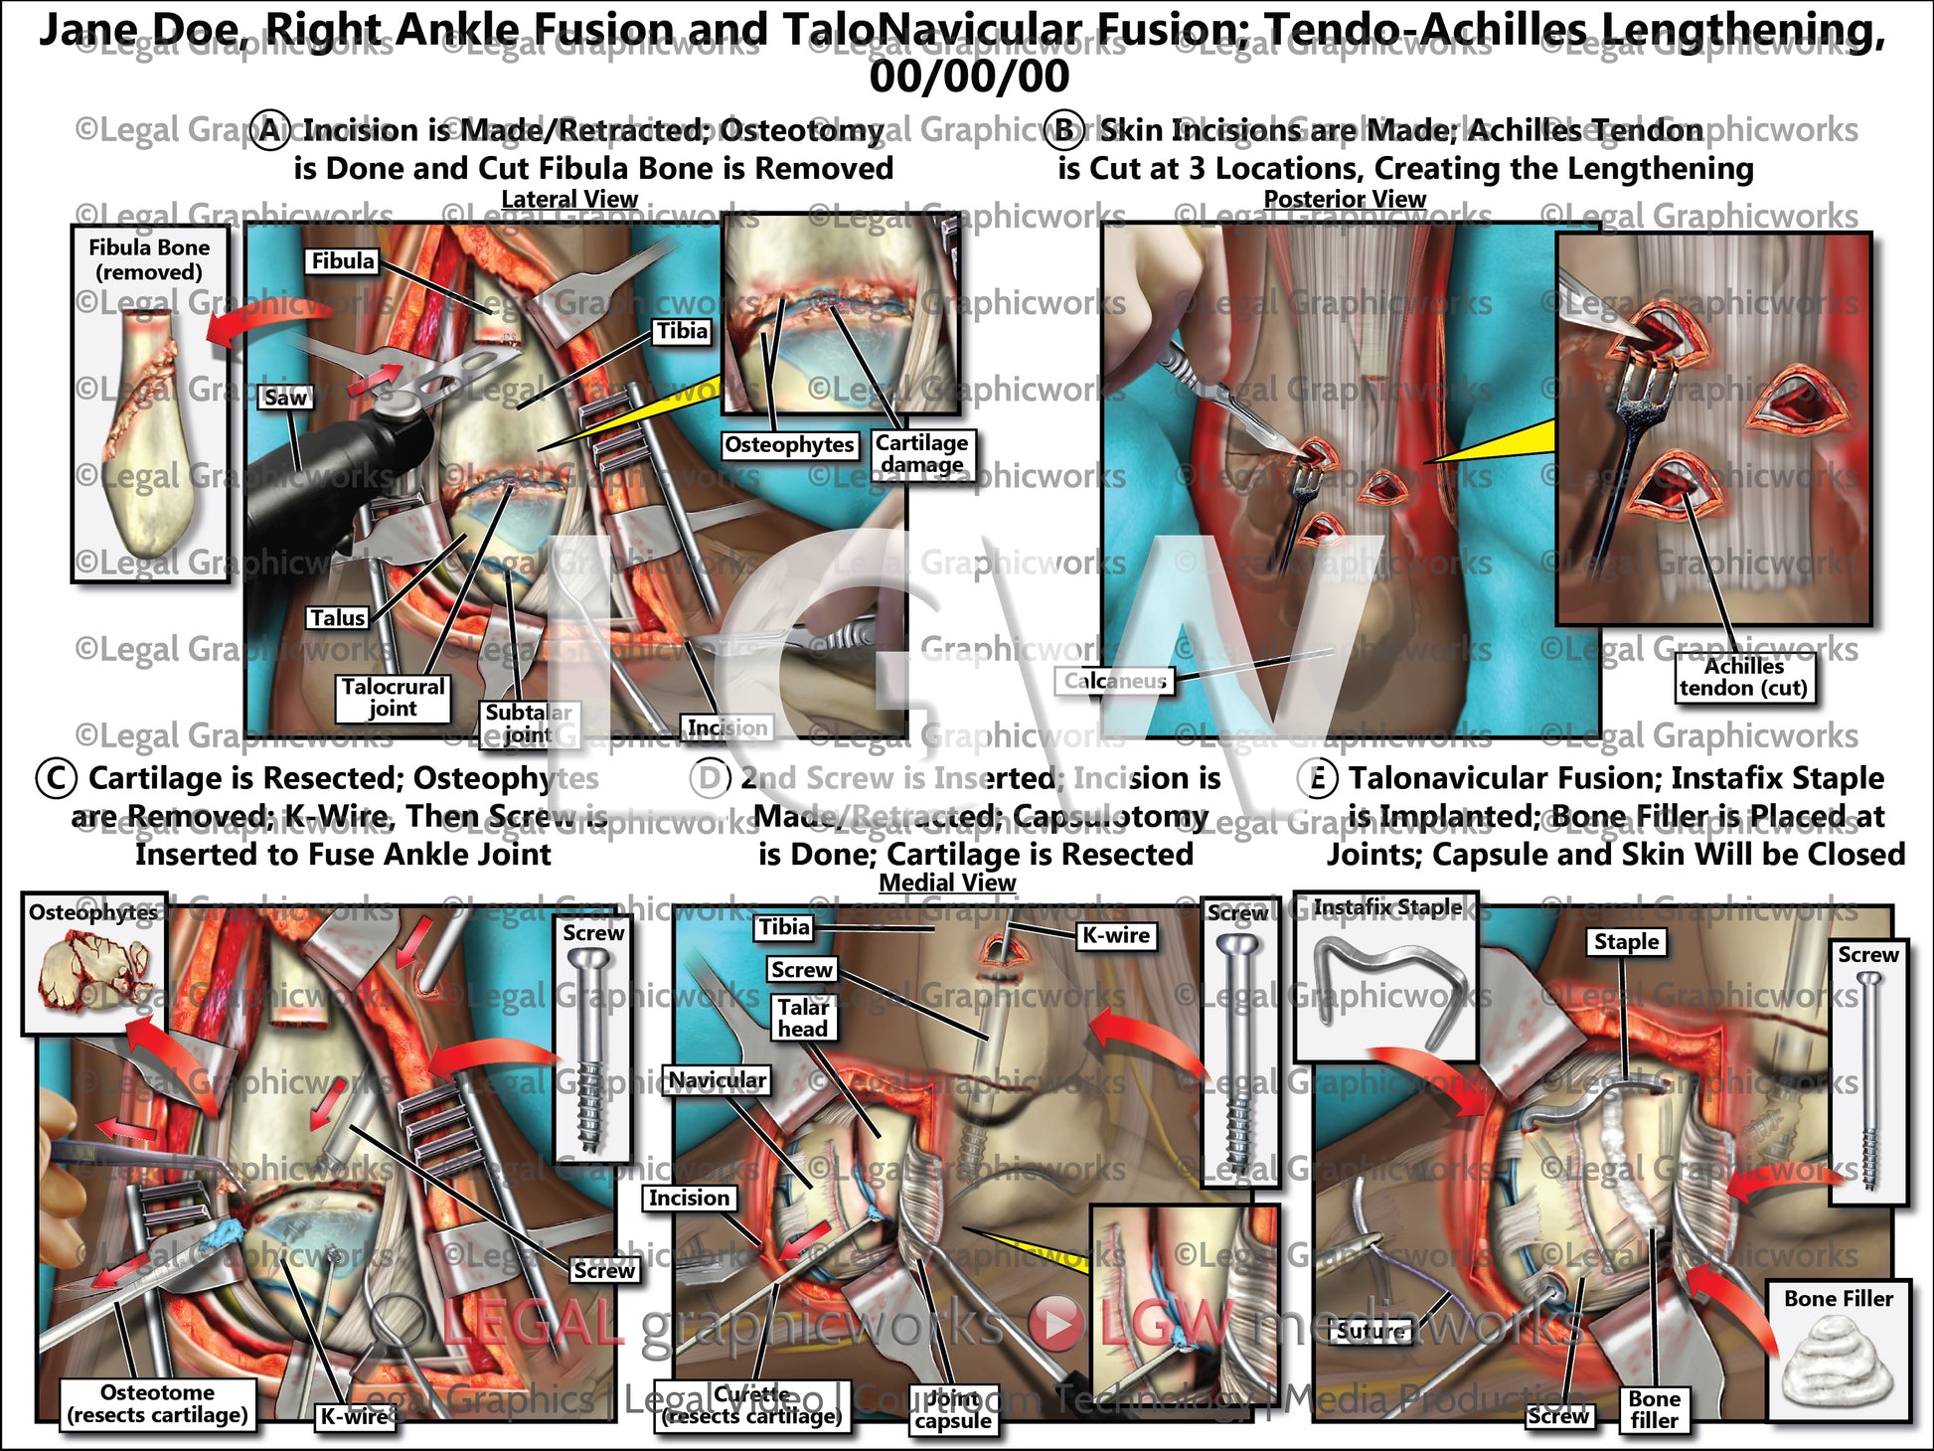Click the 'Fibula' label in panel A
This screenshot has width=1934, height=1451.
point(343,261)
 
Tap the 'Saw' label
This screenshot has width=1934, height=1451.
point(285,398)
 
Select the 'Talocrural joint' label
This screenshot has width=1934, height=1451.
point(393,697)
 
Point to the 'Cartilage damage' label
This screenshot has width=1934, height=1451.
point(921,453)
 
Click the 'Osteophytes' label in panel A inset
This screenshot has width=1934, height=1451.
point(789,444)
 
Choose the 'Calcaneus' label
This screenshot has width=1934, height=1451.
point(1114,681)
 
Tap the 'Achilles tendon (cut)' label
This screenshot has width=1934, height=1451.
point(1743,678)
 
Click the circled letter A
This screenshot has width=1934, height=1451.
point(269,130)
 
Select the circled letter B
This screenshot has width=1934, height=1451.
point(1064,130)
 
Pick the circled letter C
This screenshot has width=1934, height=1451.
point(56,778)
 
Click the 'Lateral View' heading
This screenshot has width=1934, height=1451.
point(568,200)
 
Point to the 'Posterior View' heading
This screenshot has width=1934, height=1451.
point(1344,200)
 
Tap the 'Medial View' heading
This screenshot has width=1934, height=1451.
point(947,883)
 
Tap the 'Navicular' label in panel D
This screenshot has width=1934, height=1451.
point(717,1080)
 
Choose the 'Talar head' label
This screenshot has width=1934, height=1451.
point(802,1018)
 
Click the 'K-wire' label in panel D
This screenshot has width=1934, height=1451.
point(1115,935)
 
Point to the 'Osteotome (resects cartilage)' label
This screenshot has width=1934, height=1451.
point(157,1403)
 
